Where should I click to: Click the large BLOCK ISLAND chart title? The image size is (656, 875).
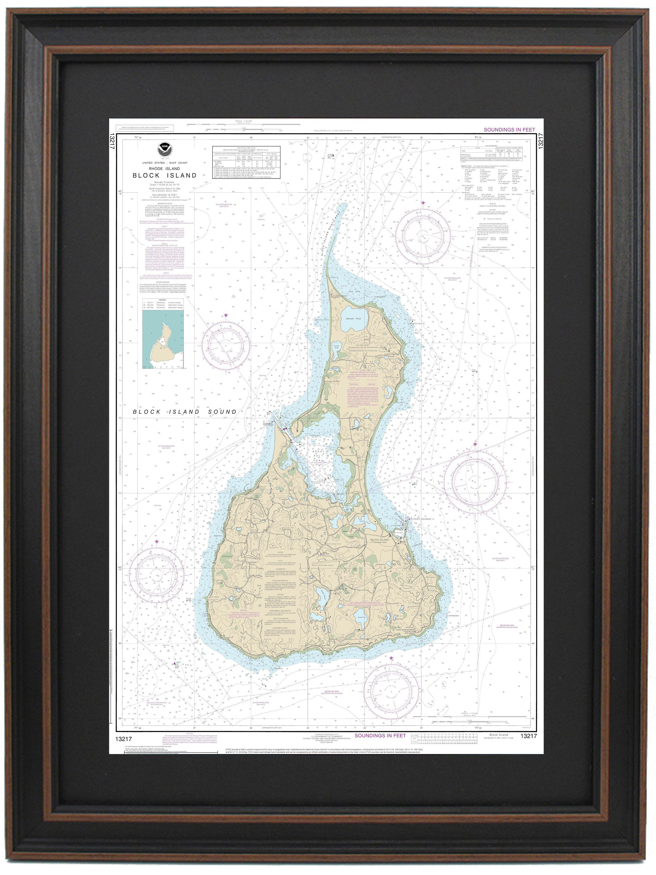(165, 175)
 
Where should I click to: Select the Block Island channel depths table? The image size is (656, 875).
(246, 162)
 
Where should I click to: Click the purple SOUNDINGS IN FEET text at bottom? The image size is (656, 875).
(380, 735)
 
